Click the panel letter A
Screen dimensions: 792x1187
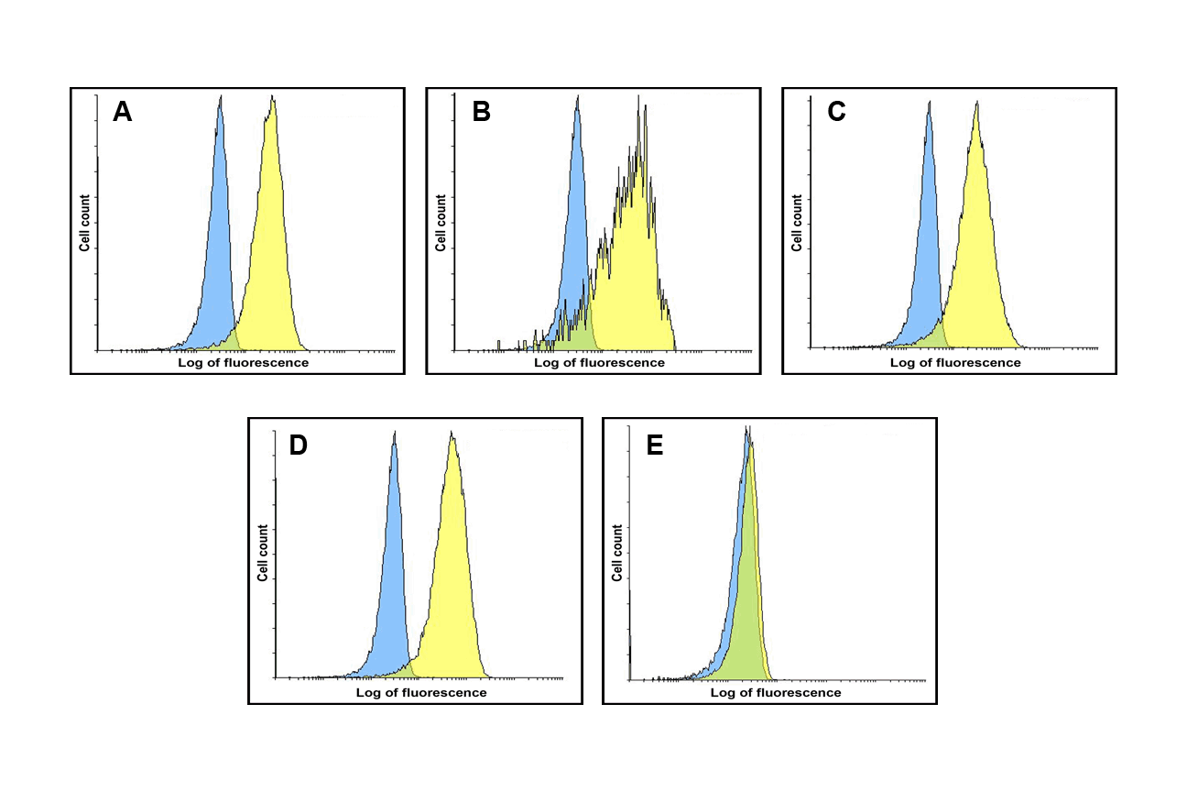pyautogui.click(x=123, y=112)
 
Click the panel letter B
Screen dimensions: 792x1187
pyautogui.click(x=482, y=112)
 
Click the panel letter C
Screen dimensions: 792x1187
pyautogui.click(x=835, y=112)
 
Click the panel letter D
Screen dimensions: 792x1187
pyautogui.click(x=298, y=445)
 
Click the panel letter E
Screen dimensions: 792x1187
pyautogui.click(x=654, y=445)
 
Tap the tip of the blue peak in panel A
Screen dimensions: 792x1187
pyautogui.click(x=220, y=95)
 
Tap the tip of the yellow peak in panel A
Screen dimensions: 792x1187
pyautogui.click(x=273, y=97)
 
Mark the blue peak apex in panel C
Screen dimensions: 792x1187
pyautogui.click(x=929, y=102)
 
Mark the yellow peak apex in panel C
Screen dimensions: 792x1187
pyautogui.click(x=977, y=104)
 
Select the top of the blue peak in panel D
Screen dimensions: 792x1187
pyautogui.click(x=394, y=432)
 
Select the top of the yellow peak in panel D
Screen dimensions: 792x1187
pyautogui.click(x=452, y=434)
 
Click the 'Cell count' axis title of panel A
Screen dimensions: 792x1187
pyautogui.click(x=84, y=223)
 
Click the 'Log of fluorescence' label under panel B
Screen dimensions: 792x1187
pyautogui.click(x=599, y=362)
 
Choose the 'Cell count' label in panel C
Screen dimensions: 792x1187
pyautogui.click(x=797, y=223)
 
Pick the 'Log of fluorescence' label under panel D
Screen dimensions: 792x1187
pyautogui.click(x=421, y=692)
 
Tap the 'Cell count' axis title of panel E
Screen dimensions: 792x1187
pyautogui.click(x=617, y=553)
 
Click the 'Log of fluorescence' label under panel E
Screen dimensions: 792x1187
pyautogui.click(x=776, y=692)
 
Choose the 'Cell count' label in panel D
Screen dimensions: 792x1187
pyautogui.click(x=263, y=553)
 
